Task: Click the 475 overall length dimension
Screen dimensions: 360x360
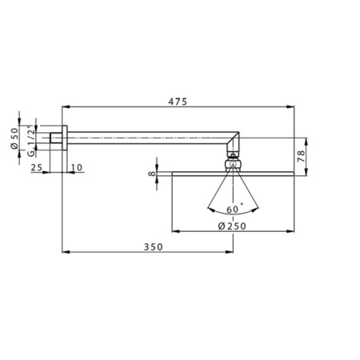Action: (x=178, y=101)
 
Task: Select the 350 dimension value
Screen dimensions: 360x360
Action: (x=154, y=246)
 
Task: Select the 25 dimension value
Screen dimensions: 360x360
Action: (x=36, y=166)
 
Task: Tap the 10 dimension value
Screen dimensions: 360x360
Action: (x=76, y=166)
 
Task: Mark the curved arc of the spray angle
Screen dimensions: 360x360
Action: (x=233, y=214)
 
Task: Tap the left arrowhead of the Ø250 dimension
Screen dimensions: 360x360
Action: (x=174, y=230)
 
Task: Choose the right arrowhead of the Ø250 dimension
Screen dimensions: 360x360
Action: (x=292, y=230)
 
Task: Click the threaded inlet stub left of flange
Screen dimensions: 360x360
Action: (x=56, y=138)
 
